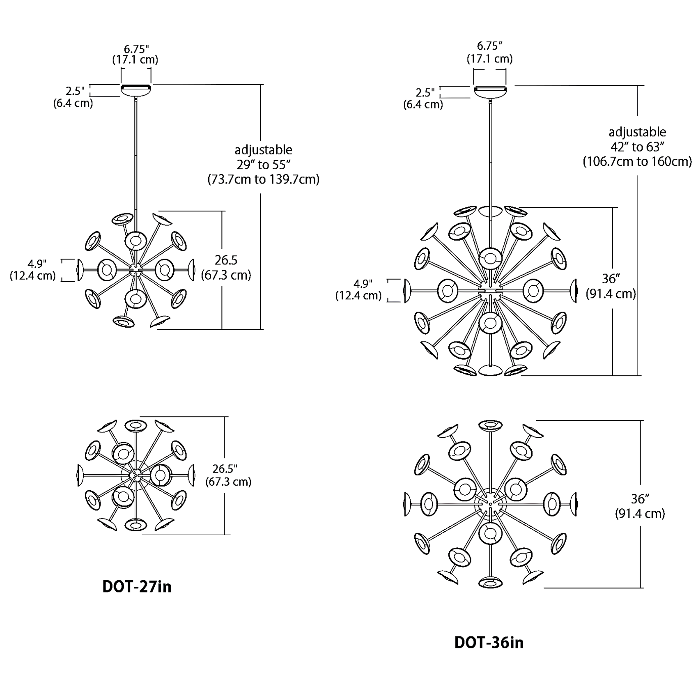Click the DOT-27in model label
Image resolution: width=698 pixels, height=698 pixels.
(x=136, y=586)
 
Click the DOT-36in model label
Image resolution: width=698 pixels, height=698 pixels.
(x=489, y=642)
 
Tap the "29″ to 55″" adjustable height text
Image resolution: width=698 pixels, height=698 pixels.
(x=263, y=165)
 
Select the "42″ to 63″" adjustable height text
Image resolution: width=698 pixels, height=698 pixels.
(x=637, y=147)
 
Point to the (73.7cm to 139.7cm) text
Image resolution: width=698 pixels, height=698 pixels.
(x=263, y=179)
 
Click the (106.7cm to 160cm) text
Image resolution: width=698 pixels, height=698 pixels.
(x=637, y=161)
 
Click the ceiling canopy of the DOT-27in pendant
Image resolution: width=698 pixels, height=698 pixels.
(x=136, y=90)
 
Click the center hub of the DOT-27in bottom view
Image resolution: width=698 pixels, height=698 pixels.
(x=135, y=475)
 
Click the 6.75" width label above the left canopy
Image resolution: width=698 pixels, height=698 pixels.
(x=135, y=49)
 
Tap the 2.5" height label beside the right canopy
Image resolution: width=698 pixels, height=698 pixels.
(x=425, y=93)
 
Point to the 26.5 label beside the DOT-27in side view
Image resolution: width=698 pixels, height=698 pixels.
(x=226, y=260)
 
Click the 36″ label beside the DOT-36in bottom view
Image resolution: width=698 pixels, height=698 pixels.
(x=639, y=498)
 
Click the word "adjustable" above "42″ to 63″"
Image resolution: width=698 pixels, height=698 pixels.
(x=637, y=132)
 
